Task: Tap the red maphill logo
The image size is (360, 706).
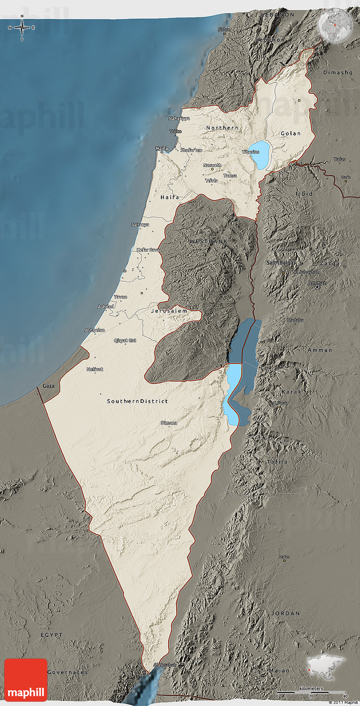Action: click(x=26, y=680)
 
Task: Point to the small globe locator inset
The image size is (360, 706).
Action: click(x=335, y=26)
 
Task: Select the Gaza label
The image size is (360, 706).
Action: click(x=48, y=386)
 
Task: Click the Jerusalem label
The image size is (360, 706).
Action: click(x=169, y=311)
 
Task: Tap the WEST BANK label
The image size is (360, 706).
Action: click(x=208, y=241)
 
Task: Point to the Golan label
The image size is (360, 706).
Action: click(x=291, y=133)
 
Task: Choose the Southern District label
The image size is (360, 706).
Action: click(x=137, y=401)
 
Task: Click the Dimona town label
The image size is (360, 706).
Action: click(x=169, y=423)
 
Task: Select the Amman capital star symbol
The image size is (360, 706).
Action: click(x=317, y=287)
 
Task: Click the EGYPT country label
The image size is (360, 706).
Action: click(x=51, y=635)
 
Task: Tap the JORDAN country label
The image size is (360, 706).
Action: click(x=285, y=613)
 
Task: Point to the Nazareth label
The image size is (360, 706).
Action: click(x=212, y=165)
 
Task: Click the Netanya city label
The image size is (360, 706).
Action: click(x=140, y=225)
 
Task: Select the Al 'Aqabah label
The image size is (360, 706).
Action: click(x=164, y=665)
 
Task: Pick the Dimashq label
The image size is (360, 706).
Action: click(x=338, y=72)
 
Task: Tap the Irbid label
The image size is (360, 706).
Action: click(x=304, y=194)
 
